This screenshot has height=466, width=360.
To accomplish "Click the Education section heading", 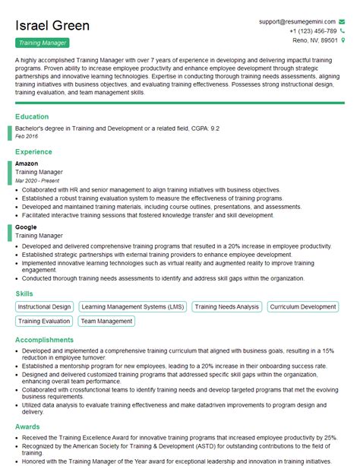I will pyautogui.click(x=33, y=117).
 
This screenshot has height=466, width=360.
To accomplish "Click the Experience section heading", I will pyautogui.click(x=35, y=152).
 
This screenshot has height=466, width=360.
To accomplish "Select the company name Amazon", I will pyautogui.click(x=27, y=163).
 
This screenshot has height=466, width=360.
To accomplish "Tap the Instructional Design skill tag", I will pyautogui.click(x=44, y=307).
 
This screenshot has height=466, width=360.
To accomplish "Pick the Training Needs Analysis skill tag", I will pyautogui.click(x=226, y=307).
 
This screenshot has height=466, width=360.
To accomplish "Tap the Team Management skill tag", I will pyautogui.click(x=106, y=322).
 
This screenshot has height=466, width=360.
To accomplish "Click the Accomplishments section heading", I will pyautogui.click(x=45, y=340).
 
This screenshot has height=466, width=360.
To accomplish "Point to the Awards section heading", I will pyautogui.click(x=28, y=427).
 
